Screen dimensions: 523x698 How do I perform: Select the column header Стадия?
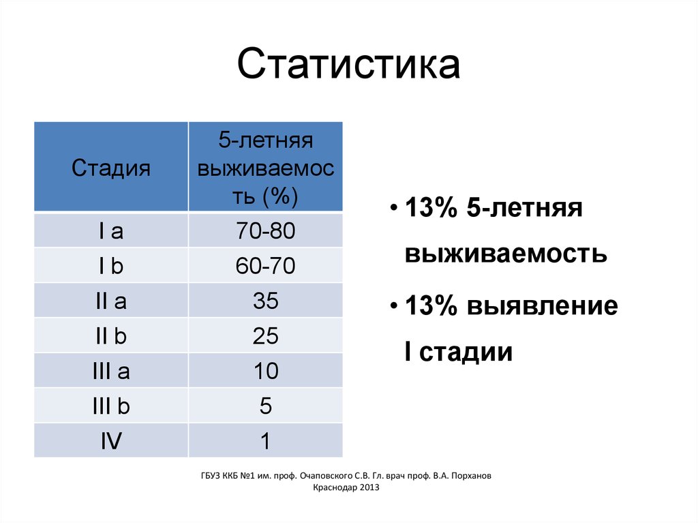point(111,168)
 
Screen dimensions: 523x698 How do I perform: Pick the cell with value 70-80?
point(266,231)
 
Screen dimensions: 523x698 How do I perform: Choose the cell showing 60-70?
point(266,266)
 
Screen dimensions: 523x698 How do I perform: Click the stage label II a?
point(111,301)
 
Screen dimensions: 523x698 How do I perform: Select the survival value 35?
point(266,301)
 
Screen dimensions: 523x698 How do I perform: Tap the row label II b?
point(111,336)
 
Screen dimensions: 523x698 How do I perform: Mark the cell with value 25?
point(266,336)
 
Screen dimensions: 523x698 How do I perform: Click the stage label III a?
point(111,372)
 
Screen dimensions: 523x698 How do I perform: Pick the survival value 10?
point(266,372)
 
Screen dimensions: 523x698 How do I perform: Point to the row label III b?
point(111,406)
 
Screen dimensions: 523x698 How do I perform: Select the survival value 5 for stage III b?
point(266,406)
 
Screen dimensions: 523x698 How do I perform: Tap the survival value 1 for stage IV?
point(266,441)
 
